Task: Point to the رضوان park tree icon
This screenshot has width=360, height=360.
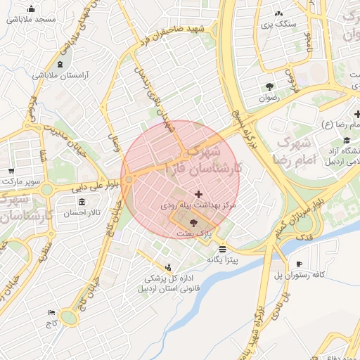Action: pyautogui.click(x=269, y=86)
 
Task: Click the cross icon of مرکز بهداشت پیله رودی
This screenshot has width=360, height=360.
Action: pyautogui.click(x=198, y=193)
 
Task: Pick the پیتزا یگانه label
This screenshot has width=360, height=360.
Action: pyautogui.click(x=222, y=259)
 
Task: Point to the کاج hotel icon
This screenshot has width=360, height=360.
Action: pyautogui.click(x=51, y=313)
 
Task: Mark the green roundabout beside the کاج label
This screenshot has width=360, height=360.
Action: pyautogui.click(x=69, y=318)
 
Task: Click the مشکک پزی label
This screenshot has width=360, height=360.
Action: pyautogui.click(x=279, y=24)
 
